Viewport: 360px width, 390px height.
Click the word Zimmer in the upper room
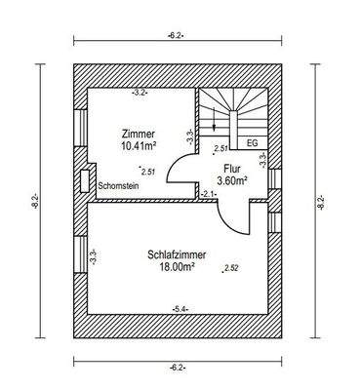(x=137, y=133)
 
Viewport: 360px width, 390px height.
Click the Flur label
(x=231, y=167)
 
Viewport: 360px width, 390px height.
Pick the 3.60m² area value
(x=231, y=180)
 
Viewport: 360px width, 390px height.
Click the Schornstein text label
(x=117, y=183)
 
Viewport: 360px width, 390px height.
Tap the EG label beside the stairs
(x=253, y=143)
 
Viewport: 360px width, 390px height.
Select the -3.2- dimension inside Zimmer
(x=140, y=94)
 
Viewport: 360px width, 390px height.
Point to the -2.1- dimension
(x=208, y=195)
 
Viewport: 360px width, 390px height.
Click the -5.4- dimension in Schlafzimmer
(x=180, y=309)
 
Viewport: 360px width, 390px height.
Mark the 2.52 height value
(x=231, y=267)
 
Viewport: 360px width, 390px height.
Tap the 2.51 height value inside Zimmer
(x=148, y=171)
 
